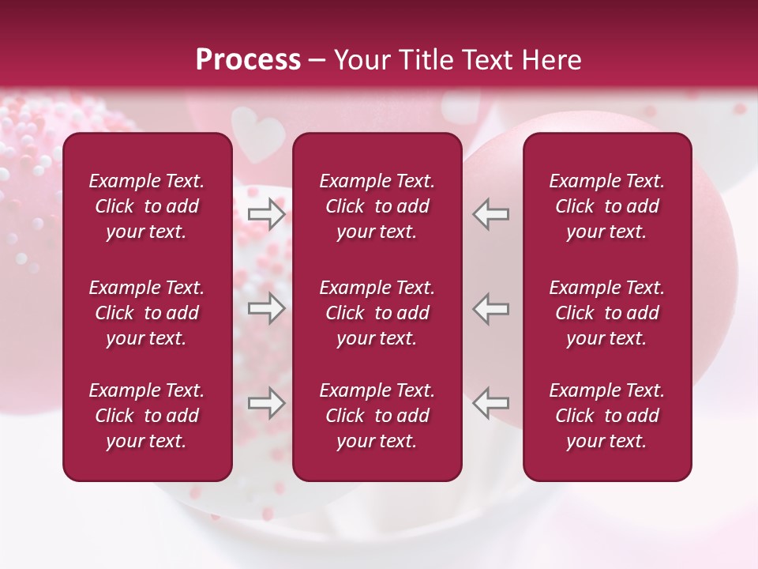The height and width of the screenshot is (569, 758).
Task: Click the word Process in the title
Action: (x=248, y=60)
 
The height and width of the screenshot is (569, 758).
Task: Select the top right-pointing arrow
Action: (x=266, y=213)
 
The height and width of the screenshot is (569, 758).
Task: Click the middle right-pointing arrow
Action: (x=266, y=308)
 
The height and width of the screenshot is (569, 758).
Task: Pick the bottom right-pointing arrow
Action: (x=266, y=403)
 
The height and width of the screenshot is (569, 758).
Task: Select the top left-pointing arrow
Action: (x=491, y=213)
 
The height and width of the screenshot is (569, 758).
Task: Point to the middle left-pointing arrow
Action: (x=491, y=308)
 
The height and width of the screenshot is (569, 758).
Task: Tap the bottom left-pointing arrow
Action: (x=491, y=403)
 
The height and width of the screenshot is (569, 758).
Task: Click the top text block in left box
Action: (x=147, y=206)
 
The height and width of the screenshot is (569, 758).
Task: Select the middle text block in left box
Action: (x=147, y=313)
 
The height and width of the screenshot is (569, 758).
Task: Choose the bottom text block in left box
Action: (x=147, y=416)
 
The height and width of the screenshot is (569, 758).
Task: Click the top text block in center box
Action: (x=377, y=206)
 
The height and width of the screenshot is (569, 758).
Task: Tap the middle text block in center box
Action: (x=377, y=313)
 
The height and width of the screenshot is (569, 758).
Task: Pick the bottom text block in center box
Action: (x=377, y=416)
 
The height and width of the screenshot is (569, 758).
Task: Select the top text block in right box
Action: (x=607, y=206)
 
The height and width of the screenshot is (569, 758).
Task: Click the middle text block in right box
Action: (x=607, y=313)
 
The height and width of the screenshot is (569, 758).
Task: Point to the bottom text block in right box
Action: (x=607, y=416)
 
